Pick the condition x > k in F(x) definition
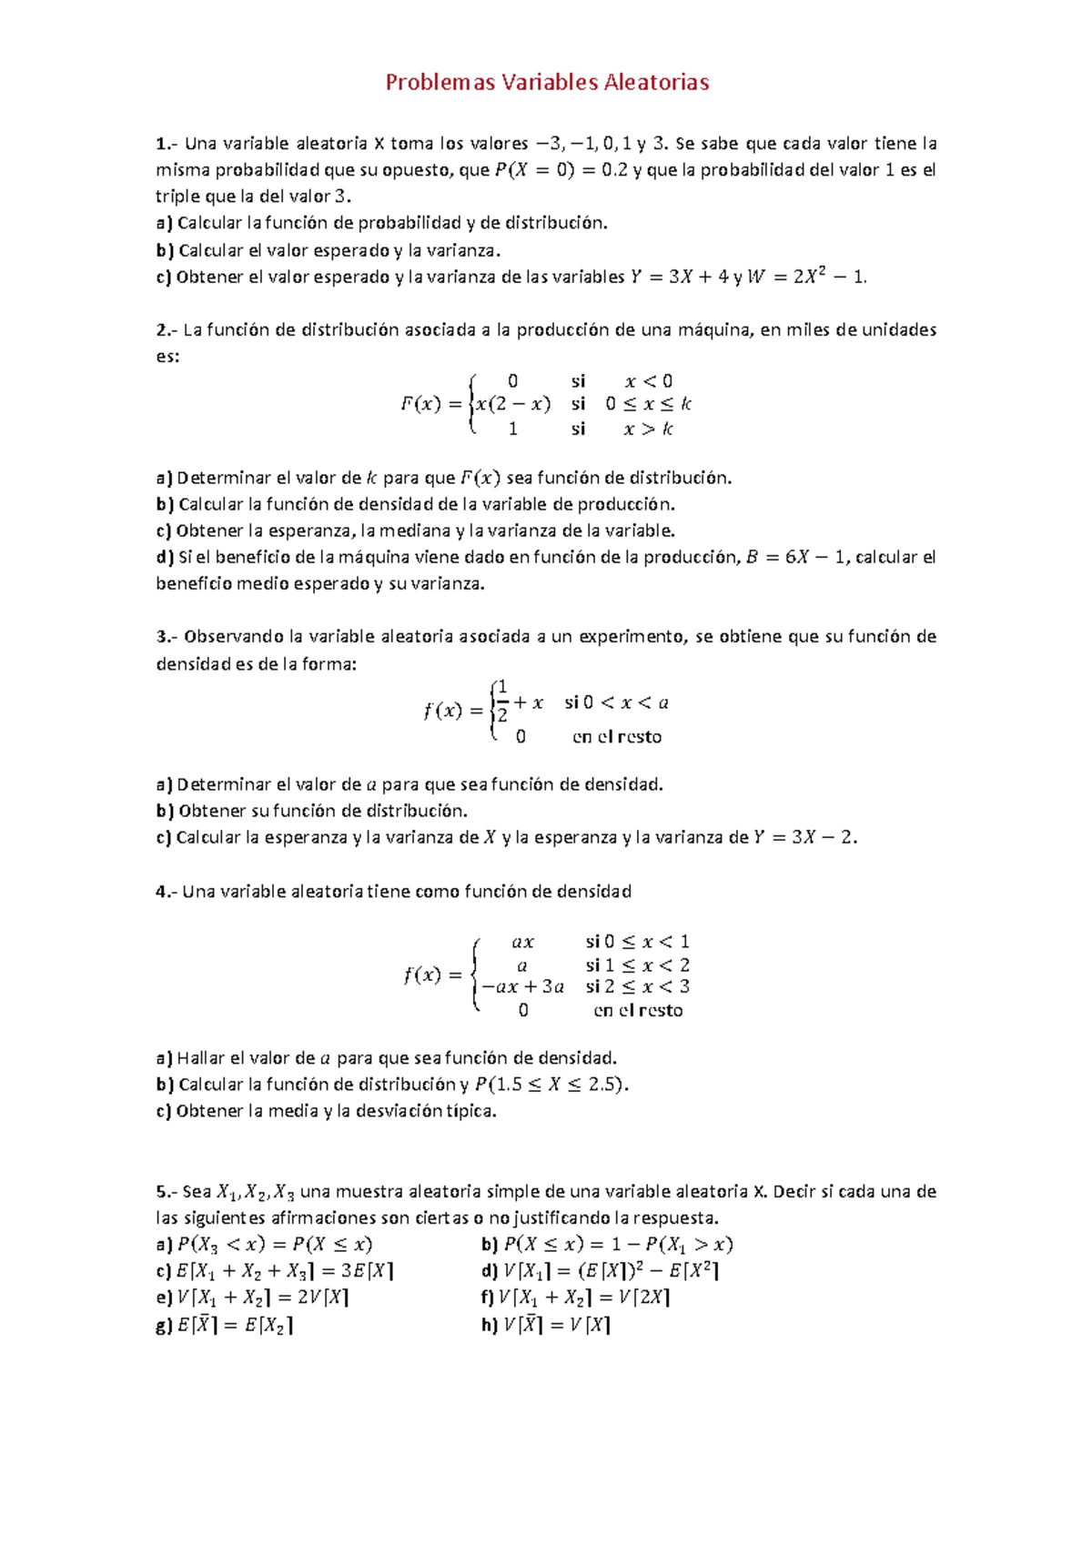[648, 429]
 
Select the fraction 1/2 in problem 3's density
[502, 702]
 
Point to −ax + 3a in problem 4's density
[522, 986]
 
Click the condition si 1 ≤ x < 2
[637, 964]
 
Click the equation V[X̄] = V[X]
[557, 1325]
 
